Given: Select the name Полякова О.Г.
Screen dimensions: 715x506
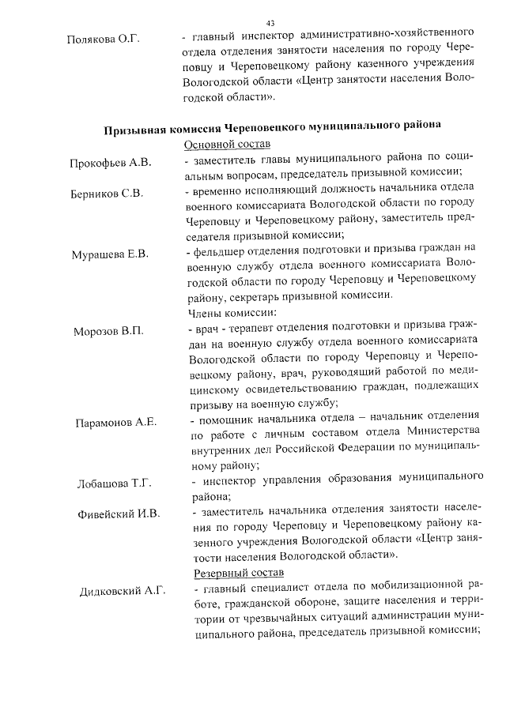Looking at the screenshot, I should [x=104, y=38].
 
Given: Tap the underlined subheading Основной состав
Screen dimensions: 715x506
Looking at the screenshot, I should [x=227, y=145].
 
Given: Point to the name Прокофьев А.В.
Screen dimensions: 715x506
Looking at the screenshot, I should [x=110, y=163].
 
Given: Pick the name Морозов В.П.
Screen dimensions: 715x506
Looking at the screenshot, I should [x=108, y=331].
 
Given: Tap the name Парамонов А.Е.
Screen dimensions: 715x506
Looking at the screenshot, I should [x=116, y=422].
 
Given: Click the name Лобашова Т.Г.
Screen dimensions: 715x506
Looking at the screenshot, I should [x=114, y=483].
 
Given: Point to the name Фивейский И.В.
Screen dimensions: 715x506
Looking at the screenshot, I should [x=119, y=514].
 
